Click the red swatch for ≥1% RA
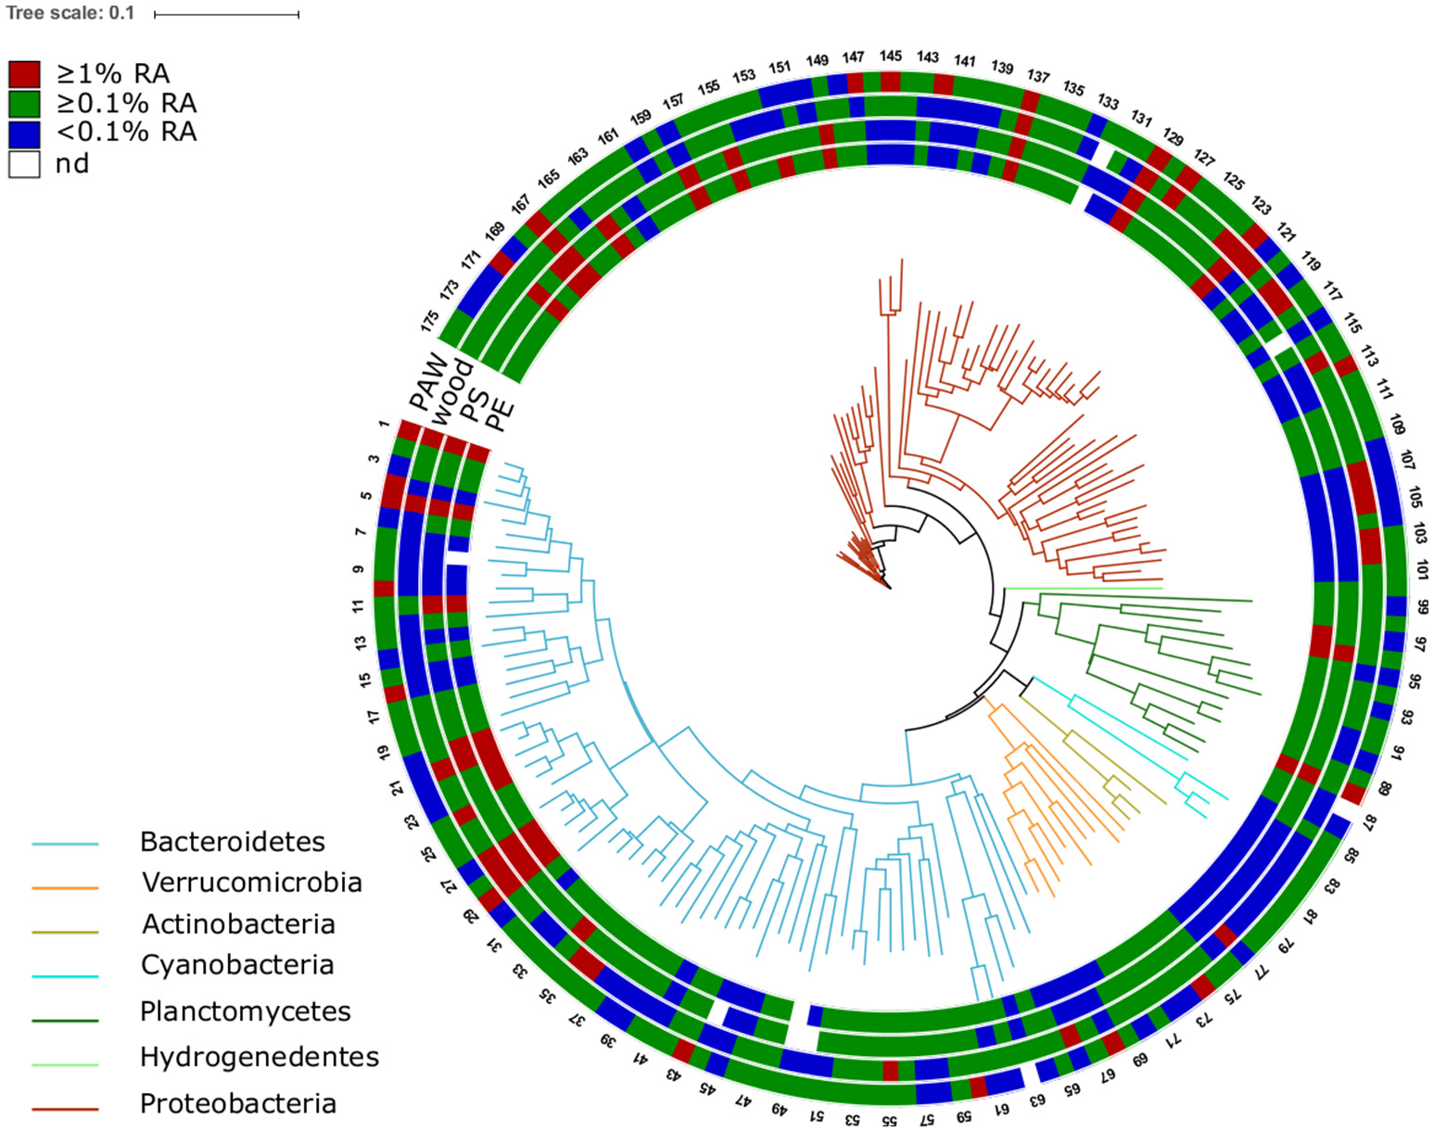point(24,74)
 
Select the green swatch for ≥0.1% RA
point(24,103)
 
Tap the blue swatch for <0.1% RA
point(24,133)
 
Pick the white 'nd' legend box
point(24,164)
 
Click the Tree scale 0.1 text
point(70,13)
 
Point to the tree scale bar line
point(226,15)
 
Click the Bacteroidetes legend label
point(233,842)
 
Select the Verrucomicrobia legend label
point(251,882)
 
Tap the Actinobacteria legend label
point(238,923)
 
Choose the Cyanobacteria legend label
point(237,964)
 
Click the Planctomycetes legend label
point(246,1011)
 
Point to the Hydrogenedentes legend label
point(260,1056)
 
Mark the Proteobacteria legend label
point(238,1103)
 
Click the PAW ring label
point(427,381)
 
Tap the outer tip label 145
point(890,57)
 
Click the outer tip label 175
point(429,321)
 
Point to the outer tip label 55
point(889,1120)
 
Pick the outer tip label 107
point(1407,460)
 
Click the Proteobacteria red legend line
point(65,1108)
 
